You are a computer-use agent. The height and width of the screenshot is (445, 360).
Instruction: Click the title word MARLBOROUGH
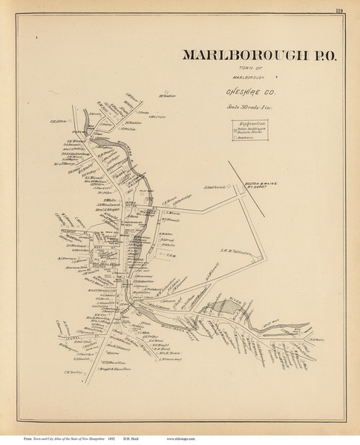[239, 56]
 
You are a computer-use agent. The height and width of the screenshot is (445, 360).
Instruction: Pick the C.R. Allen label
[59, 123]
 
